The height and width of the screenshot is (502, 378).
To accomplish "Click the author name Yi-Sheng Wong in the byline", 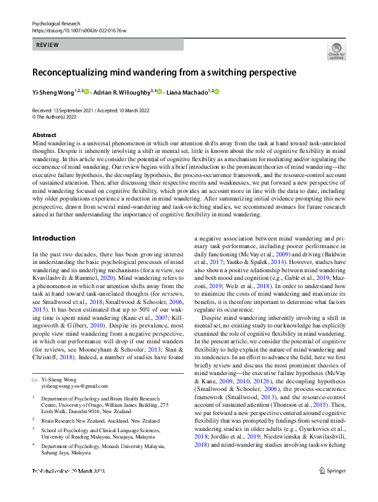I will (x=53, y=93).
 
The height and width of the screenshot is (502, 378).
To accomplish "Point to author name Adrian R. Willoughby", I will (x=123, y=93).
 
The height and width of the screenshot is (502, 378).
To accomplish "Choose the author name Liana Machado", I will (x=189, y=93).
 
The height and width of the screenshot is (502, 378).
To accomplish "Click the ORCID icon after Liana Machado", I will (x=216, y=93).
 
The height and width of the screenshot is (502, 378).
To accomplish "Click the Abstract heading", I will (x=44, y=136).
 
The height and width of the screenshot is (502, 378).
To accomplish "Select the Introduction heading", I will (x=53, y=220).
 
